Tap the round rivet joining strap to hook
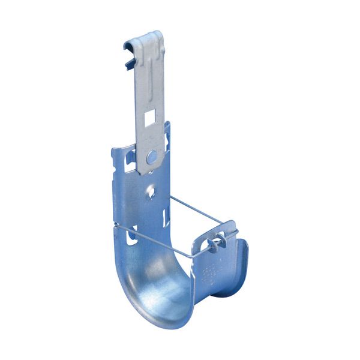pos(152,157)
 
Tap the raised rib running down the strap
pos(158,90)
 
